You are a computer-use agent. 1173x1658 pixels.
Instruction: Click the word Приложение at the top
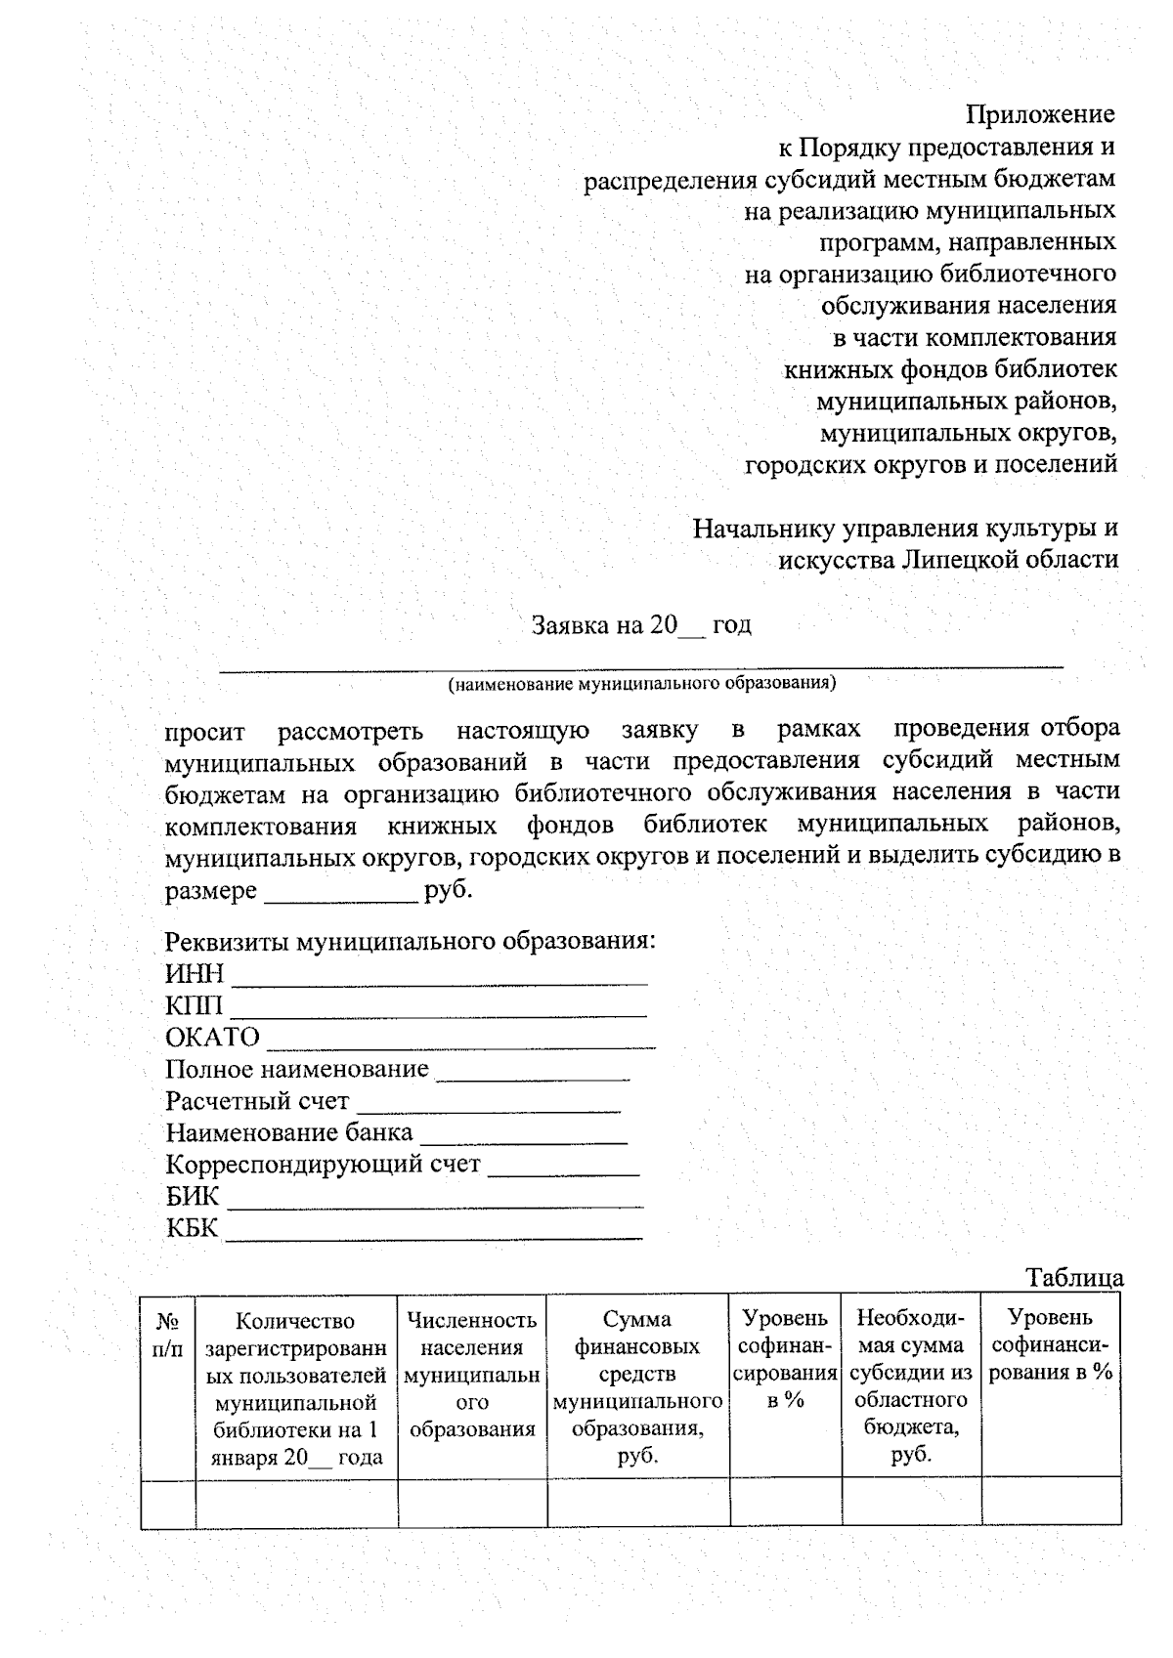pos(1040,115)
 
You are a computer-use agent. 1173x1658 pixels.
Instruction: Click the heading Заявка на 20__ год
pos(641,625)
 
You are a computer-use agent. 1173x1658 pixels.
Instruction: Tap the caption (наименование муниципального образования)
pos(642,684)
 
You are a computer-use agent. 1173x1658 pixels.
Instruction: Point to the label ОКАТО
pos(212,1038)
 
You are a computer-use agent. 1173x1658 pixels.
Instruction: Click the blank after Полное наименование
pos(533,1073)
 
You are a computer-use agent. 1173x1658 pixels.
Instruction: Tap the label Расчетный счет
pos(256,1102)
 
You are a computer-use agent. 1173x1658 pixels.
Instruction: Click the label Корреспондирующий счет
pos(323,1166)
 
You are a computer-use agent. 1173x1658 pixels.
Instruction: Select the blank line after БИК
pos(435,1201)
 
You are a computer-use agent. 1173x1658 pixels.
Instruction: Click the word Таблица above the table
pos(1074,1278)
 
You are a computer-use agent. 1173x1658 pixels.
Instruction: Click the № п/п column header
pos(168,1335)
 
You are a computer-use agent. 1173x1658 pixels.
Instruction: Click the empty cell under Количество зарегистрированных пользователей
pos(296,1503)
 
